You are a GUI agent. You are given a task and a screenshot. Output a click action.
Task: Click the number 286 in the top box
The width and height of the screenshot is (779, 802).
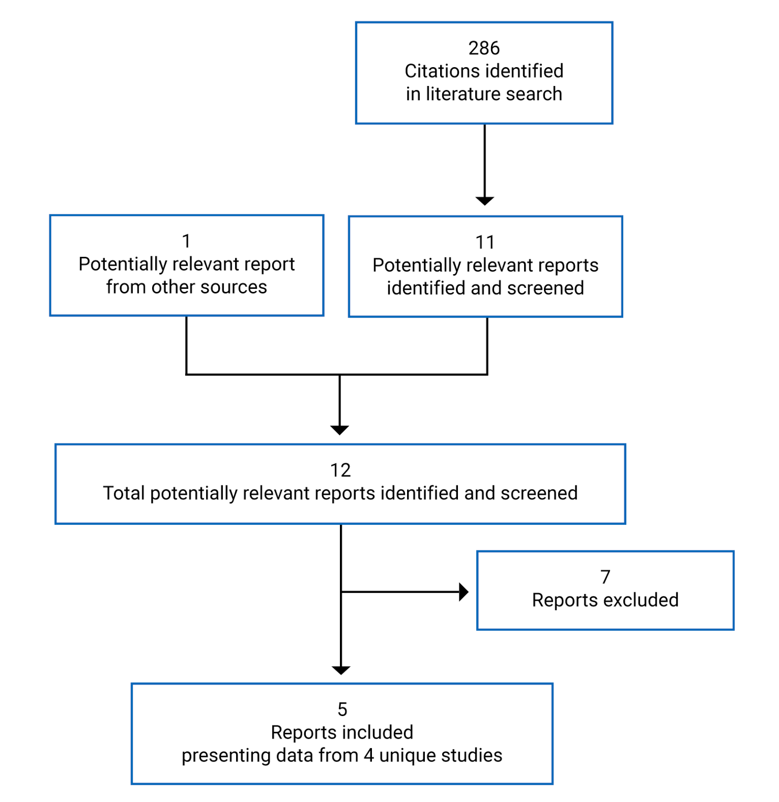[x=484, y=48]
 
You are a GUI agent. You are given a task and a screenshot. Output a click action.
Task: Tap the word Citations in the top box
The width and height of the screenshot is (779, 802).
[x=437, y=71]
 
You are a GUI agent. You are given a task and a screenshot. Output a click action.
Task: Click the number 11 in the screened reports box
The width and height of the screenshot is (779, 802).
[x=485, y=242]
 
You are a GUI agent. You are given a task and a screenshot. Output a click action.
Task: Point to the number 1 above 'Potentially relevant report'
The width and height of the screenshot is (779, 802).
[x=186, y=241]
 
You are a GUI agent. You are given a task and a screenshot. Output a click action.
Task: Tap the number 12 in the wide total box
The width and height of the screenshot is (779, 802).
[x=340, y=470]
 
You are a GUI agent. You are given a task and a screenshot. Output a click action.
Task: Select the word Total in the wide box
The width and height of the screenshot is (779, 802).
[x=124, y=493]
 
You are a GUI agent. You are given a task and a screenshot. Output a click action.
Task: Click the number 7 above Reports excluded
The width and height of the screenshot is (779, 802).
[x=605, y=577]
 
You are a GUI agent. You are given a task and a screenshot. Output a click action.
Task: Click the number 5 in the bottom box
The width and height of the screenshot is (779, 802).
[x=342, y=709]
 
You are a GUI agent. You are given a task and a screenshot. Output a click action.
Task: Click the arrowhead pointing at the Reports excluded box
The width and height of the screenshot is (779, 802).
[x=463, y=592]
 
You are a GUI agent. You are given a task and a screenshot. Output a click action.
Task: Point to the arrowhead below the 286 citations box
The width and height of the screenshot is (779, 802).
[x=484, y=201]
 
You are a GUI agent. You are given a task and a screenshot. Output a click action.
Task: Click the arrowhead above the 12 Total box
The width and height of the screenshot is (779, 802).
[x=340, y=430]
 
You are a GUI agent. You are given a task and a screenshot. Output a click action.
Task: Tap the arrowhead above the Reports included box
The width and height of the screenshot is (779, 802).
[x=341, y=670]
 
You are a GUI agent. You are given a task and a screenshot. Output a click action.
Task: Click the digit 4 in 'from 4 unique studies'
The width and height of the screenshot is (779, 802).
[x=368, y=755]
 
